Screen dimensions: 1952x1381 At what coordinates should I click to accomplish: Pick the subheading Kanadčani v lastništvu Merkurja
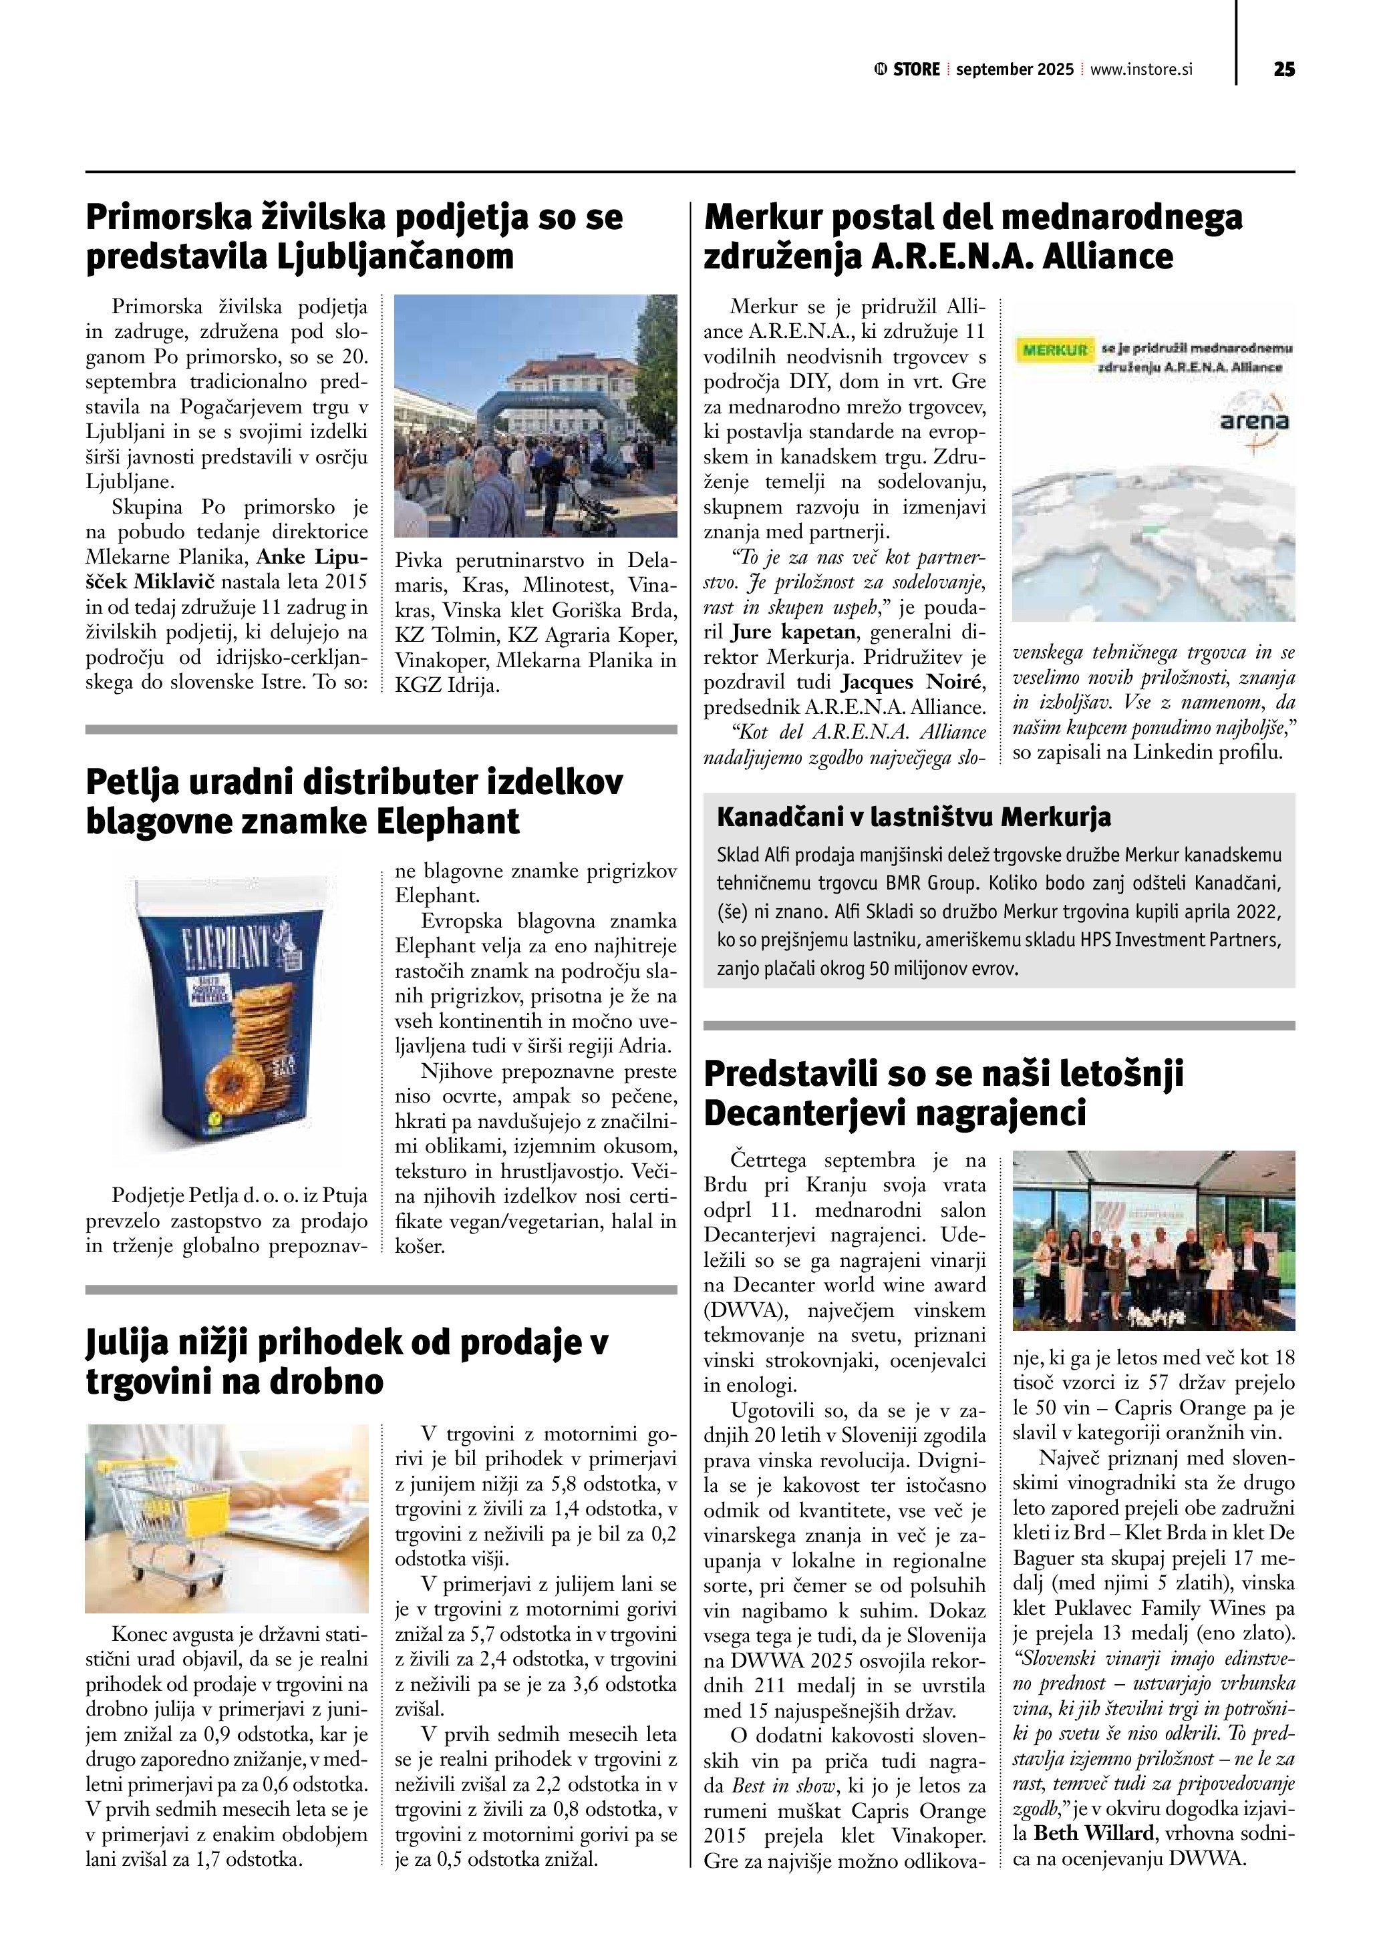coord(914,818)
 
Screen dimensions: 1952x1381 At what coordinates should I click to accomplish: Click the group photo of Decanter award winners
coord(1153,1240)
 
